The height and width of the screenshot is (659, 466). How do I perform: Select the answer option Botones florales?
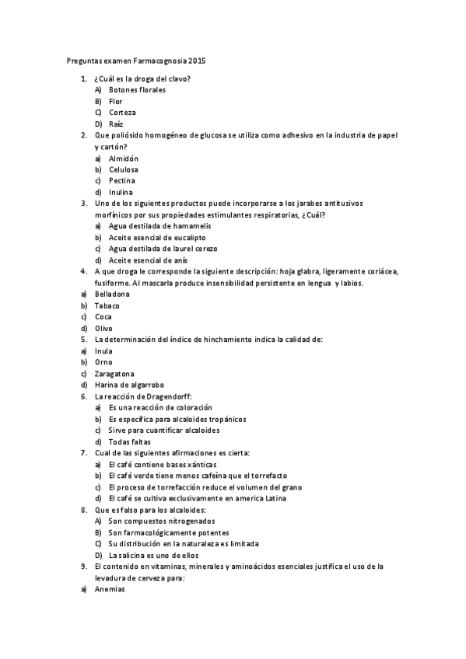tap(137, 89)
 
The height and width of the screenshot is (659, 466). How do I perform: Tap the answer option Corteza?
tap(122, 112)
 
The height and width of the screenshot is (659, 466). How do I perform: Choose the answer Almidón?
tap(124, 158)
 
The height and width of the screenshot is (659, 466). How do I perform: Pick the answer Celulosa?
tap(124, 169)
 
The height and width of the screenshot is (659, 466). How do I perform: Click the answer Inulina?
tap(121, 192)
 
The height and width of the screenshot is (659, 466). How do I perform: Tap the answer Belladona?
tap(112, 294)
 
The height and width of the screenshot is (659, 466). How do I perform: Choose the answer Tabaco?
tap(107, 305)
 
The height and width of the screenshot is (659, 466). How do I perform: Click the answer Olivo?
tap(103, 328)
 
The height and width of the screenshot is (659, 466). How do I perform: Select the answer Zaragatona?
tap(114, 373)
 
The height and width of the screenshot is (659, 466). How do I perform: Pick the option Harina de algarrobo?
tap(129, 385)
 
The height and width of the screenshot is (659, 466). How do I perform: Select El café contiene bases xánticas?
tap(163, 464)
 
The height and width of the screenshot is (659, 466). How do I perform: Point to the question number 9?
tap(83, 567)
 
